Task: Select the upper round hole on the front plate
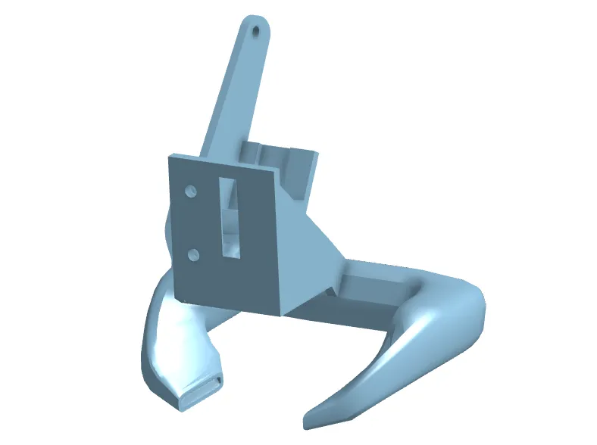[x=192, y=190]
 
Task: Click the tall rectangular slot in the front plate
[x=229, y=218]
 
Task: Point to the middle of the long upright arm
[x=235, y=91]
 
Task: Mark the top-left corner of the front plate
[x=169, y=156]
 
